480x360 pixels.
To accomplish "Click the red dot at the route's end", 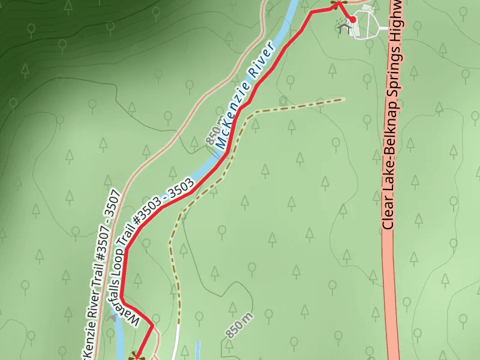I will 353,20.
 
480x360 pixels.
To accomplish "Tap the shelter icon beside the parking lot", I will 343,26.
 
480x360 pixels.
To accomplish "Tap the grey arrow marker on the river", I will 112,316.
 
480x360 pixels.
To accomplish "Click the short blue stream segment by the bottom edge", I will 197,350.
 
